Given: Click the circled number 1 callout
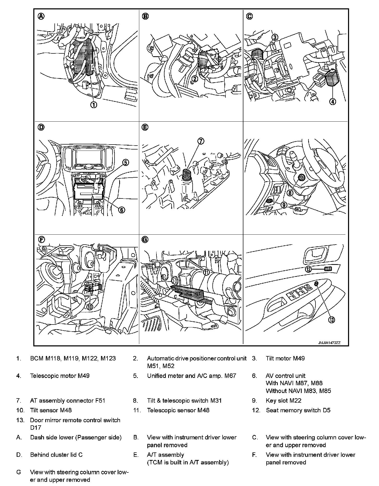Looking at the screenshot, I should [x=93, y=105].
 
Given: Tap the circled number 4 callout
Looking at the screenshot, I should [x=333, y=101].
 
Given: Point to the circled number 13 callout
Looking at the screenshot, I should [x=331, y=320].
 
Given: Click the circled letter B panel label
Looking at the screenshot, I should [x=145, y=16].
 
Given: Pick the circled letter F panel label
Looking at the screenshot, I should [x=41, y=240].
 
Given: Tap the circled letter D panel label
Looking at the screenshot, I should [x=41, y=127].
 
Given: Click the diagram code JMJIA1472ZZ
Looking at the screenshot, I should [x=329, y=343].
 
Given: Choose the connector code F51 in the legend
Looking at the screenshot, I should [x=100, y=401].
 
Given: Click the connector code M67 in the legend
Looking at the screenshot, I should [x=230, y=376].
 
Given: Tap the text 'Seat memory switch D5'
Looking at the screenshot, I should [x=298, y=410].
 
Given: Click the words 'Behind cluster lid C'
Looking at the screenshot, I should [x=56, y=455].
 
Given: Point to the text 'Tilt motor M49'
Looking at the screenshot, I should [x=285, y=358].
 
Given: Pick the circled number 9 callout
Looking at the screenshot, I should [x=284, y=205].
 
